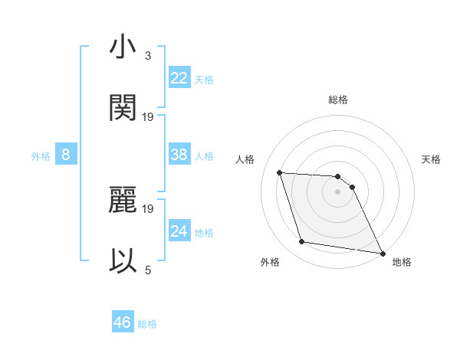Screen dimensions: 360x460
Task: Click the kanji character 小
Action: (x=123, y=48)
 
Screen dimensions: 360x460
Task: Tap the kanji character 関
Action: (x=123, y=108)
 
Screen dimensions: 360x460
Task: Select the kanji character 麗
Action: (x=123, y=200)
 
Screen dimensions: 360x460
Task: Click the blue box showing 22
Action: (x=179, y=78)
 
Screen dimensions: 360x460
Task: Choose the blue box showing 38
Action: (x=179, y=155)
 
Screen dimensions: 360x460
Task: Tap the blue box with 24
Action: (x=179, y=231)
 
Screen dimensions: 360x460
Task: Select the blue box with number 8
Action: (x=65, y=155)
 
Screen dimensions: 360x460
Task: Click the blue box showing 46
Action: (x=123, y=322)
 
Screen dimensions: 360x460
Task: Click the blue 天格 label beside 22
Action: (x=204, y=79)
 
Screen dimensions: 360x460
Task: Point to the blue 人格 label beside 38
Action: (x=204, y=155)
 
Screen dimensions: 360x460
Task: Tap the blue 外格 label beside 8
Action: (x=41, y=155)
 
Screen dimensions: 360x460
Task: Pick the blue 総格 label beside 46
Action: (x=147, y=323)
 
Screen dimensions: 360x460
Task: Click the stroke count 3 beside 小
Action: (x=148, y=56)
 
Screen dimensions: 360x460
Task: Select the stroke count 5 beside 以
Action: (x=148, y=270)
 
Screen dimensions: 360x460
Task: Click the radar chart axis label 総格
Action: (x=338, y=100)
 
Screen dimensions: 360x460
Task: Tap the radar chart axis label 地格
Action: (x=402, y=262)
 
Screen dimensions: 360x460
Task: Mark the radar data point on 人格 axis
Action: (x=280, y=173)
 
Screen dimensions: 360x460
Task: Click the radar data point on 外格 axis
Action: (x=302, y=242)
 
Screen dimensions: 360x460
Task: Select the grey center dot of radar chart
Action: (x=337, y=191)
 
